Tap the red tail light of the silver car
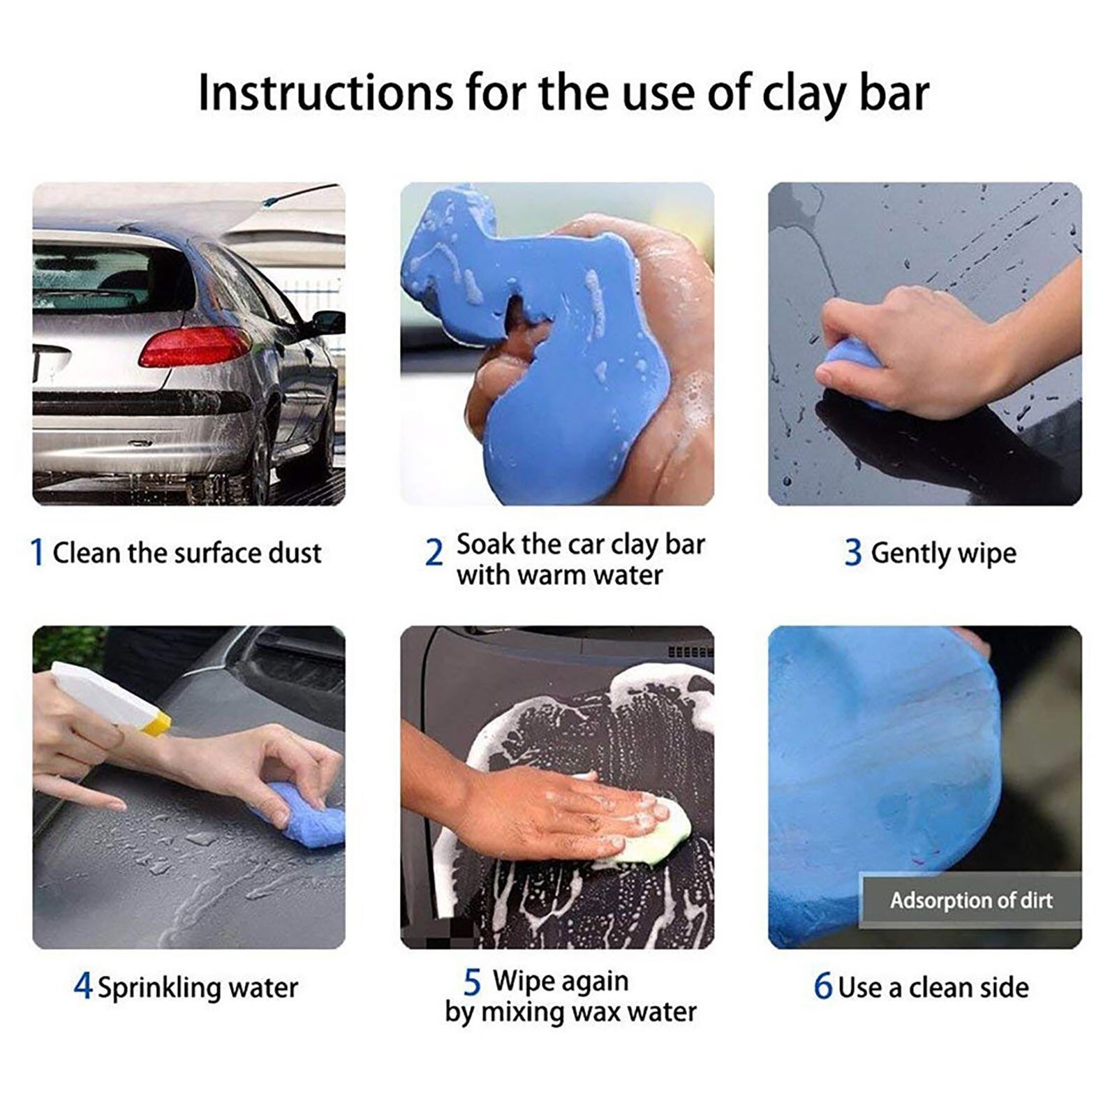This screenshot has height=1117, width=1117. (x=193, y=346)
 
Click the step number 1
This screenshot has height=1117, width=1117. (x=38, y=553)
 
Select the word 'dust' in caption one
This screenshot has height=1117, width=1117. (x=295, y=553)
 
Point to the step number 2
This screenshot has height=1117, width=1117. (x=434, y=554)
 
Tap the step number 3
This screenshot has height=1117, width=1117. (x=852, y=553)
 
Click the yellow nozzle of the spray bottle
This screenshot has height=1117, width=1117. (x=156, y=724)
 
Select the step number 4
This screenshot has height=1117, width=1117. (x=82, y=986)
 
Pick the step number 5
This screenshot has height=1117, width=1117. (x=472, y=982)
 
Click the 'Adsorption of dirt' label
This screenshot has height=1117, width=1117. (x=970, y=901)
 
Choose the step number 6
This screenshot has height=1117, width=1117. (x=823, y=986)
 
